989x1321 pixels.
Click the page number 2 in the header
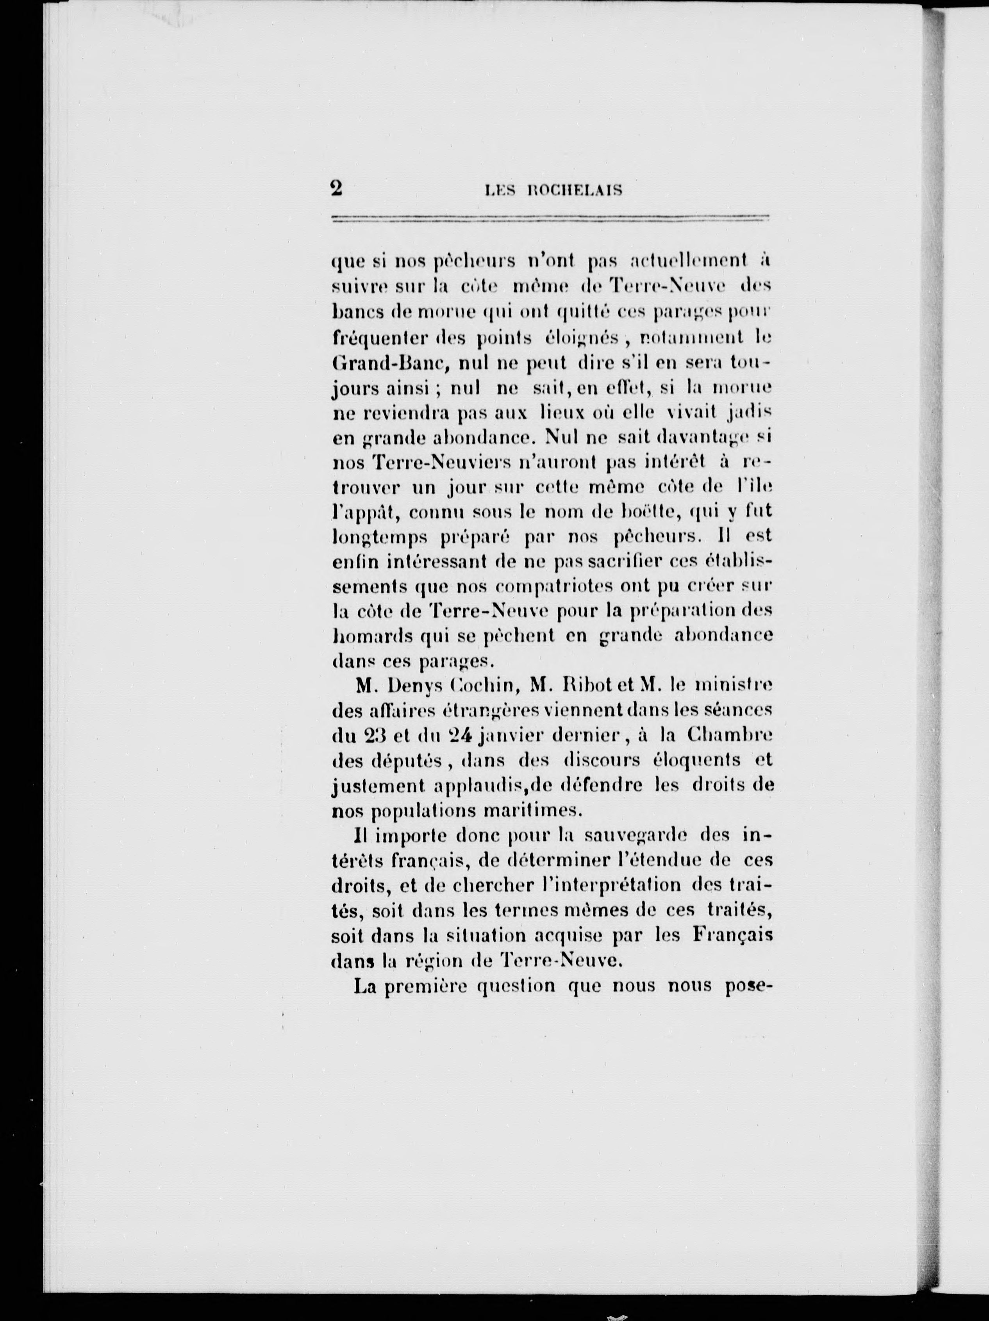click(336, 189)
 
